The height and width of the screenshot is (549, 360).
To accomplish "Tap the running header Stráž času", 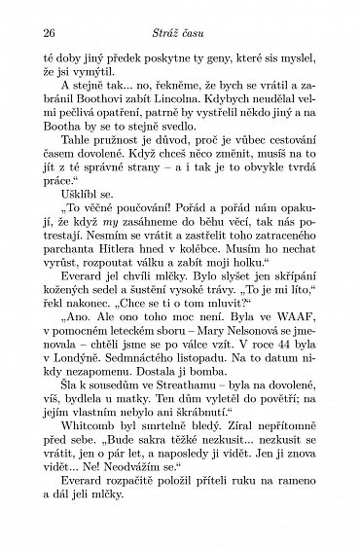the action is pyautogui.click(x=181, y=31).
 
